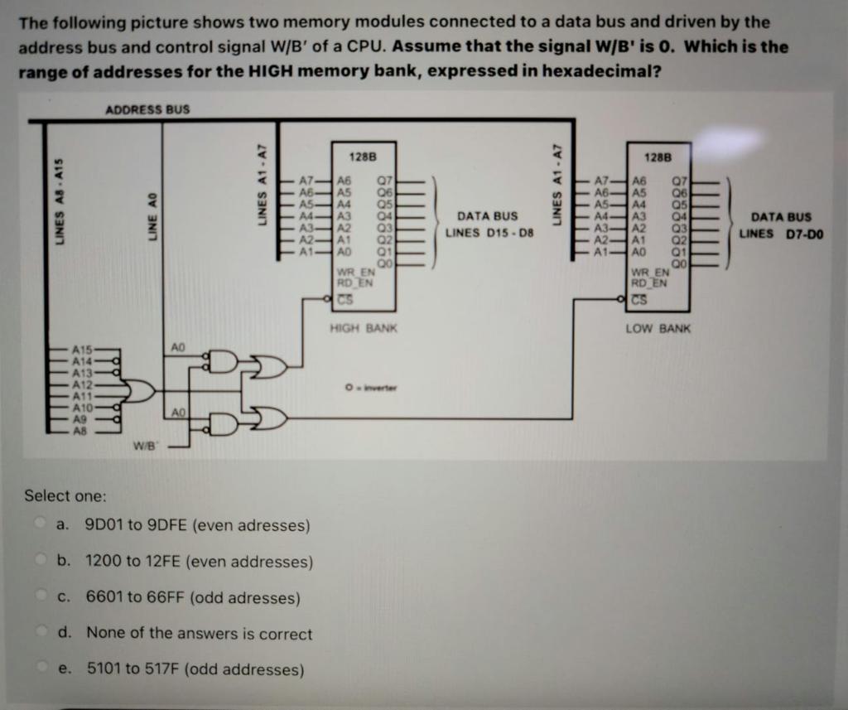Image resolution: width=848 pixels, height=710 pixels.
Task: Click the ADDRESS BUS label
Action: [x=147, y=109]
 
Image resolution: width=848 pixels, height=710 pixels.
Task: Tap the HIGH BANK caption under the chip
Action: [x=364, y=329]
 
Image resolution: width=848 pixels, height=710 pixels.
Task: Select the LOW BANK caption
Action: [x=658, y=329]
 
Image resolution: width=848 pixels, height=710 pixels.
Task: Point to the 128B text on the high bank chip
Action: [x=364, y=157]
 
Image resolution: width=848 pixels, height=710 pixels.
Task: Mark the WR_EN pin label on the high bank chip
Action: [x=354, y=272]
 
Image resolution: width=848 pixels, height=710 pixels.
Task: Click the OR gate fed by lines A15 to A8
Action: [x=141, y=390]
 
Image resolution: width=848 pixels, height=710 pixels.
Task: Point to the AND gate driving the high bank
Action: [x=222, y=361]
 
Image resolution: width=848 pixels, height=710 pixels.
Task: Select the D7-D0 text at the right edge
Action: [x=803, y=233]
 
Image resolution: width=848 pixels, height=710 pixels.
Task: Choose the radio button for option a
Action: [x=40, y=525]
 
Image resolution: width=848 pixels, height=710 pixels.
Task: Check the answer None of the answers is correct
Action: [x=199, y=634]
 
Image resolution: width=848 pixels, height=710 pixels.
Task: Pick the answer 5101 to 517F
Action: [x=195, y=669]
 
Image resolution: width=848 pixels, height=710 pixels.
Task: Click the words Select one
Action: [x=65, y=495]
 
